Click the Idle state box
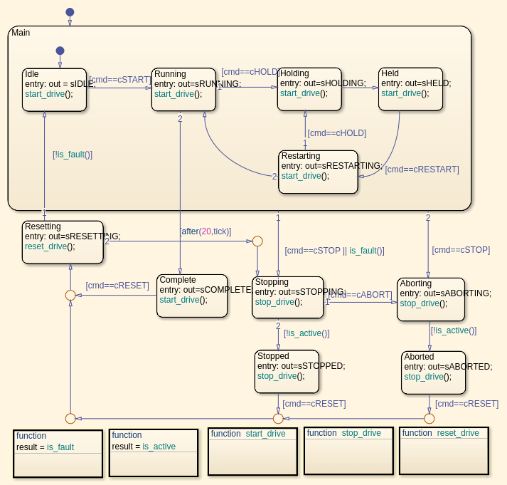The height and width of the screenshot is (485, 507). (x=54, y=90)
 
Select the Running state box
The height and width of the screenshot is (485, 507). (x=183, y=90)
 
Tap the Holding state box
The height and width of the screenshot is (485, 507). (x=309, y=90)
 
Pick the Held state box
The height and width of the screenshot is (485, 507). (x=410, y=90)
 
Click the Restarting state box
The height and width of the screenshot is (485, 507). (x=318, y=172)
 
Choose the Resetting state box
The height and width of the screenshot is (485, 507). (x=63, y=242)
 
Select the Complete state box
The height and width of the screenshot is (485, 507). (x=192, y=296)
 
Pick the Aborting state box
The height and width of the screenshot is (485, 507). (x=431, y=299)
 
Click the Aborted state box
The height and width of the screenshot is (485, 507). (x=433, y=372)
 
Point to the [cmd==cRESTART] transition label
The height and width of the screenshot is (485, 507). (x=422, y=170)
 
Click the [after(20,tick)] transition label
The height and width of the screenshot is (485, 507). (x=206, y=231)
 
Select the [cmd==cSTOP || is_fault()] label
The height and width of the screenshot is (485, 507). (x=334, y=251)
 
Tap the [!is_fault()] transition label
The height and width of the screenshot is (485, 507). (x=73, y=154)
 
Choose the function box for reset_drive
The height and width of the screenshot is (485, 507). (x=444, y=451)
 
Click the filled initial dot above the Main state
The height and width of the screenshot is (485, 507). (x=70, y=12)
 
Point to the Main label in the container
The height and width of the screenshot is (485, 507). (x=21, y=33)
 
